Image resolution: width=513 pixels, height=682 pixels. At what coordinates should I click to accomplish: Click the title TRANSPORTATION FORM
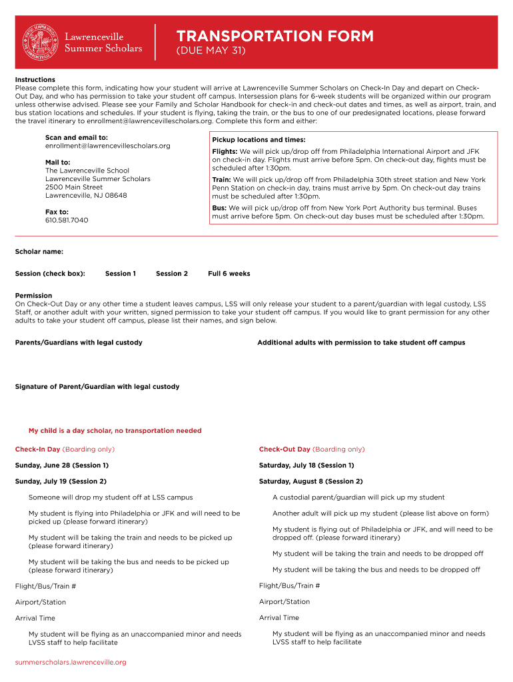pos(274,37)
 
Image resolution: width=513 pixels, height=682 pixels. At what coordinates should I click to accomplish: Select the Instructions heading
pos(35,79)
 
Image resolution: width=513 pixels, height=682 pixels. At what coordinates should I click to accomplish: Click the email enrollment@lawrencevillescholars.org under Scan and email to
pos(107,146)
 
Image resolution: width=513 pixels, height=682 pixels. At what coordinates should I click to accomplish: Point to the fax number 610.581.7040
pos(67,220)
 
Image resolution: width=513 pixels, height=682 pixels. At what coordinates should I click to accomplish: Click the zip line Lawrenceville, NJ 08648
pos(86,195)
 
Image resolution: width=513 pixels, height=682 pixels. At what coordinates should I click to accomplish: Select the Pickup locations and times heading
pos(258,140)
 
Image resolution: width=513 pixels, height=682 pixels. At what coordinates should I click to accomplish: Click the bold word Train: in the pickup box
pos(222,180)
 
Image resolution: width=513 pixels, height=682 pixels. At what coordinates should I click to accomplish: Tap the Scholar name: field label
pos(39,252)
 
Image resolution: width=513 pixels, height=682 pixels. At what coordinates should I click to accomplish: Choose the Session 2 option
pos(171,274)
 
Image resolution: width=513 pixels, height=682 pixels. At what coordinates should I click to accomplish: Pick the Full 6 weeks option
pos(229,274)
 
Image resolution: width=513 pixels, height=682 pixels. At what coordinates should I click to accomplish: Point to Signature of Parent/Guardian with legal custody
pos(97,387)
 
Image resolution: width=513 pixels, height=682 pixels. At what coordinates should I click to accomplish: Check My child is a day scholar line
pos(115,431)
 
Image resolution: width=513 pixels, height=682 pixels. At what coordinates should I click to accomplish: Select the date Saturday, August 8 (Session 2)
pos(310,482)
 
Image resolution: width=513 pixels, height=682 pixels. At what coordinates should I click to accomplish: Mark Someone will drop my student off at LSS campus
pos(111,498)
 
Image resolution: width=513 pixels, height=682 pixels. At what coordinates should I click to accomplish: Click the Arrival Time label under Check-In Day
pos(35,618)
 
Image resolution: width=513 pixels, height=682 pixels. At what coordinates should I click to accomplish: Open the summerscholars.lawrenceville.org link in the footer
pos(71,662)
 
